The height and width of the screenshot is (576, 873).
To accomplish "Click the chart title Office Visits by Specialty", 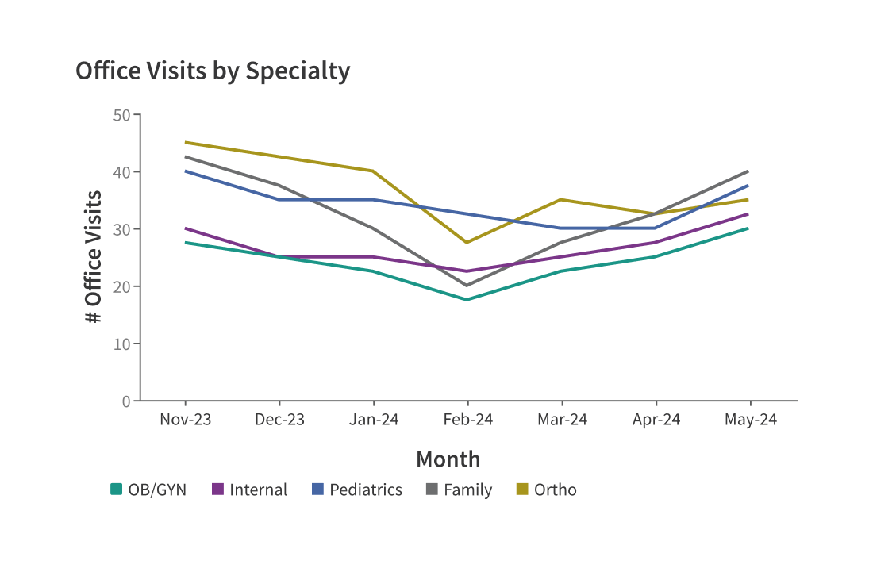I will [x=213, y=71].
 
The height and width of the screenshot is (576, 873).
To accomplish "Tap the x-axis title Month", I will [x=448, y=459].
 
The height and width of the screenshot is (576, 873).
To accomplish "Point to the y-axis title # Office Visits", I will [x=94, y=257].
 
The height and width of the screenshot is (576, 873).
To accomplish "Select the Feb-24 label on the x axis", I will [x=467, y=420].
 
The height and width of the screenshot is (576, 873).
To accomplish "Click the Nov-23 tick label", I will [x=185, y=420].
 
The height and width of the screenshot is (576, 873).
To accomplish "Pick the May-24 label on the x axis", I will [x=750, y=420].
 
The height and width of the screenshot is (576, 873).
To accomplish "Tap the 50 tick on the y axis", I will [x=121, y=115].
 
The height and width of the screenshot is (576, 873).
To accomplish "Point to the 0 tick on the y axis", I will [x=126, y=401].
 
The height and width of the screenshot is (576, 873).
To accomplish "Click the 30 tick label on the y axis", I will [x=121, y=229].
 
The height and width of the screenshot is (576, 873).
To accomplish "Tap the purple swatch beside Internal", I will [x=218, y=490].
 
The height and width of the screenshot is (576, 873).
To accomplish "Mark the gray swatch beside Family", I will [x=433, y=490].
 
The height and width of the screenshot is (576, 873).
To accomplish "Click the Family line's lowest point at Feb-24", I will [x=467, y=286].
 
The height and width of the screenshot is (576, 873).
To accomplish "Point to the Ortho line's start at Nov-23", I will [x=185, y=143].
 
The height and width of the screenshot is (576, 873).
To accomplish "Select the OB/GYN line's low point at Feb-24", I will [x=467, y=300].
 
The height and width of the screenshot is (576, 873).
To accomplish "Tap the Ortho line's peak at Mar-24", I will [x=561, y=199].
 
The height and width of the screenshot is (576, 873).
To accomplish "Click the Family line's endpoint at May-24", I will [x=748, y=171].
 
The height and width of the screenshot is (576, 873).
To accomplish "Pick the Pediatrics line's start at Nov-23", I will [x=185, y=171].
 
